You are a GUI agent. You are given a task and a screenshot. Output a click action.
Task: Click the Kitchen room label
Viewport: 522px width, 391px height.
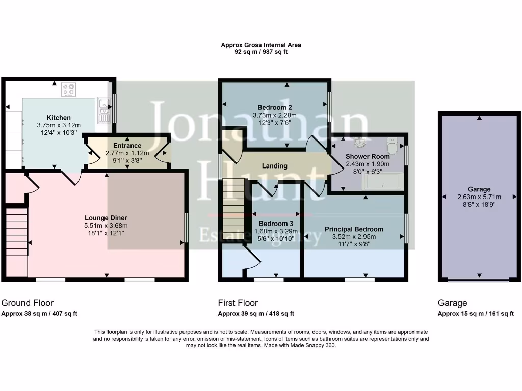coord(59,118)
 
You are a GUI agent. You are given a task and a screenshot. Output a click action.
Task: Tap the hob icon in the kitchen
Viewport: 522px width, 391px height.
coord(68,90)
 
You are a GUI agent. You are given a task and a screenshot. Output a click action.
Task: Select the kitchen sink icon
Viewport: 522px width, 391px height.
coord(105,109)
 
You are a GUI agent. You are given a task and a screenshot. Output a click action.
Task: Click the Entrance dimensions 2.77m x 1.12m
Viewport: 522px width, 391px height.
coord(127,153)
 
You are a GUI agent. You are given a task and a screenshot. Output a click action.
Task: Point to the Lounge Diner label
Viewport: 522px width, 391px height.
coord(106,218)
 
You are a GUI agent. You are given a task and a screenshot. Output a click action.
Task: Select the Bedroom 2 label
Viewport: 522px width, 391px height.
coord(274,107)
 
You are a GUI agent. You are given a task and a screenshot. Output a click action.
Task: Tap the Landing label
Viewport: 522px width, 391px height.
coord(274,166)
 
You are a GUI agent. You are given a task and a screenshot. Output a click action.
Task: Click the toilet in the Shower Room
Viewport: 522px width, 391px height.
coord(393,146)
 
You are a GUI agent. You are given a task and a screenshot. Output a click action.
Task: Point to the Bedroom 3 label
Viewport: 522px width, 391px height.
coord(276,224)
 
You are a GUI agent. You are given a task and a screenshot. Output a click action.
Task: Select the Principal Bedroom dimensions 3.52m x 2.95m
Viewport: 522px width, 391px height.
coord(354,236)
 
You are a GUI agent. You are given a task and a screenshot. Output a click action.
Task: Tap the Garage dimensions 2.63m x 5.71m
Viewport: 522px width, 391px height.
coord(479,197)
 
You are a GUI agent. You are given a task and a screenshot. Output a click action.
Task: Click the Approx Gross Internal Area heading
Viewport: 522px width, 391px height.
coord(260,45)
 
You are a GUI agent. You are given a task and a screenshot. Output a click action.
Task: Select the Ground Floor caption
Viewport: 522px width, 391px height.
coord(28,303)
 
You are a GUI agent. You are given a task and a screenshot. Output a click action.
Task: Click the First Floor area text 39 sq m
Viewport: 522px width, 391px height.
coord(255,314)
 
